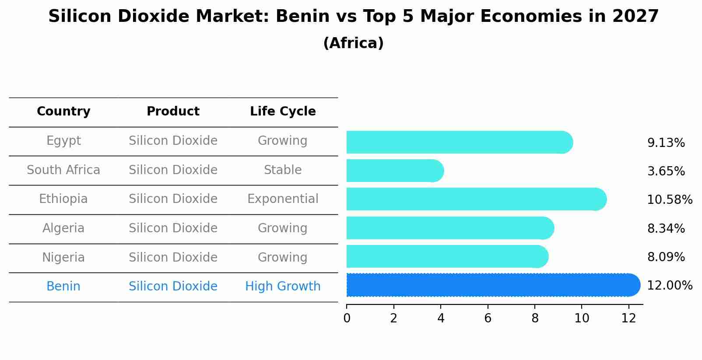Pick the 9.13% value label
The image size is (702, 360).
coord(666,143)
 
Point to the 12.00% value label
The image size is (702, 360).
coord(670,286)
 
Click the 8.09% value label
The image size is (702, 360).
coord(666,257)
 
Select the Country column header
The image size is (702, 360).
coord(63,112)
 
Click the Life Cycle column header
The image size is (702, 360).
coord(283,112)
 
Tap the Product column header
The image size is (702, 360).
coord(173,112)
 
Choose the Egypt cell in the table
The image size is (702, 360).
coord(63,141)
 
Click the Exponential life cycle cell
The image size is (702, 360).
coord(283,199)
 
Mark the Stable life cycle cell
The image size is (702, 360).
coord(283,170)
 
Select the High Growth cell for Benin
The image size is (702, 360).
coord(283,287)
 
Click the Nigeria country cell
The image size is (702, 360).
coord(63,258)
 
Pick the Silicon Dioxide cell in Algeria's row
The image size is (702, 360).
coord(173,228)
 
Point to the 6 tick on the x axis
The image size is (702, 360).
coord(488,318)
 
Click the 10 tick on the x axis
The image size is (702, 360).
coord(582,318)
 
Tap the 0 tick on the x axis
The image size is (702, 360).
coord(347,318)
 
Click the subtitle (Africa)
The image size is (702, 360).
coord(353,43)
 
